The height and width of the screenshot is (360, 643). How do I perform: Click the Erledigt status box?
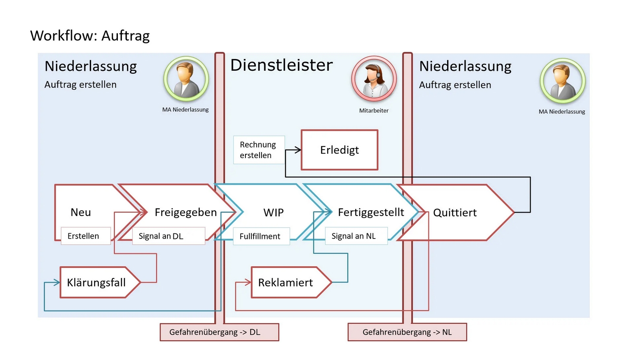[339, 150]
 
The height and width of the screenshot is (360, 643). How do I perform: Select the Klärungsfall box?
[97, 282]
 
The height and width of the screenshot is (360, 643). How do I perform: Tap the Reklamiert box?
[286, 282]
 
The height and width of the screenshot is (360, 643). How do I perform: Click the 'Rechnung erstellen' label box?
[259, 150]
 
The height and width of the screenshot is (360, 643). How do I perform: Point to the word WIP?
[273, 212]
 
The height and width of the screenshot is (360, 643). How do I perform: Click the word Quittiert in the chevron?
[455, 212]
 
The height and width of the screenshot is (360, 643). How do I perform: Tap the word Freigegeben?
[185, 212]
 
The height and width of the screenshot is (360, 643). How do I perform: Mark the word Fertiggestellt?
[371, 212]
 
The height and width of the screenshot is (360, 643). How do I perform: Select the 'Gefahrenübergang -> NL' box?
[407, 332]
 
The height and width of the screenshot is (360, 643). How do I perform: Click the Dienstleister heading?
[281, 65]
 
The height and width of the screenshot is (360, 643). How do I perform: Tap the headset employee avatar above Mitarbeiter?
[374, 78]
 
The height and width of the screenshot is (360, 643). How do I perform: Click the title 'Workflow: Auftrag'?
[90, 35]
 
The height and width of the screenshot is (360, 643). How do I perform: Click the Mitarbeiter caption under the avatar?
[374, 111]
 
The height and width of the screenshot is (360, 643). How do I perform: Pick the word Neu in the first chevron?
[80, 212]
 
